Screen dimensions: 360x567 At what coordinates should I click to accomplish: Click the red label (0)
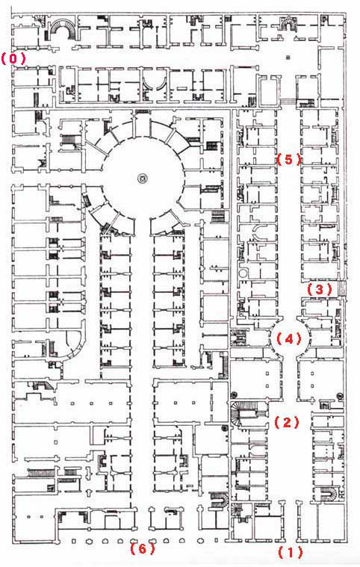point(13,58)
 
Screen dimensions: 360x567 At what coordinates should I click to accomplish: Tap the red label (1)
point(290,552)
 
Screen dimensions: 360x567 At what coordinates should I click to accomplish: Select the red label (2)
point(287,422)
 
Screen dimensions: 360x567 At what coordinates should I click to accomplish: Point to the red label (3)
point(320,289)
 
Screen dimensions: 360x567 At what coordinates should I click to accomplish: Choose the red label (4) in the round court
point(289,338)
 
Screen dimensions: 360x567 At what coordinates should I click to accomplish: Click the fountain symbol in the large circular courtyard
point(143,178)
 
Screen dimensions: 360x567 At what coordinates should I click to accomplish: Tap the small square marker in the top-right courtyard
point(288,57)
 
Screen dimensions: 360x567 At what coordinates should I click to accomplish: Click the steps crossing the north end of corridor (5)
point(288,102)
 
